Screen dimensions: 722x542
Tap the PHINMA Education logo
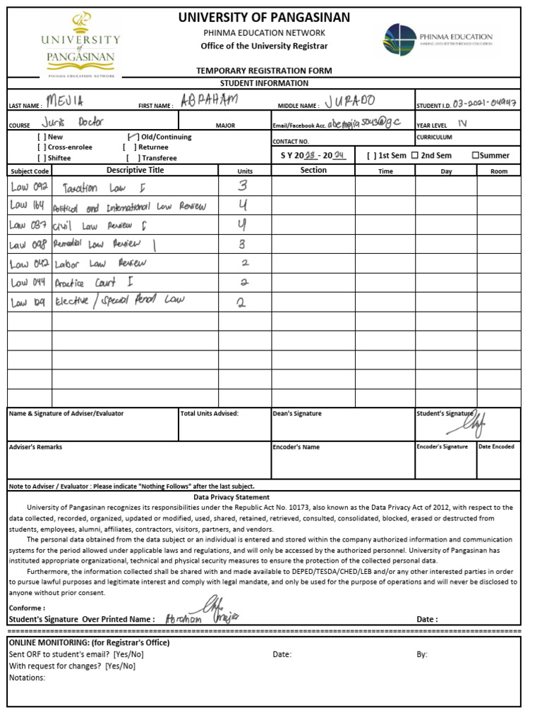[x=439, y=39]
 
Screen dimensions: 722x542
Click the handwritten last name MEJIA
[x=65, y=101]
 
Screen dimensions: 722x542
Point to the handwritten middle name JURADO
[x=351, y=101]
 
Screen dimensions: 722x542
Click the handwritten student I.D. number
[x=485, y=102]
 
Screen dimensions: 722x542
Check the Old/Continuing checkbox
[x=133, y=137]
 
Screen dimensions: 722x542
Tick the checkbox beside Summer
[x=476, y=155]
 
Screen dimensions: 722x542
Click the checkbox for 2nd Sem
[x=414, y=155]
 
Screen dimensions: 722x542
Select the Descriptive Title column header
[x=135, y=171]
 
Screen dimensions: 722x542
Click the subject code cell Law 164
[x=29, y=206]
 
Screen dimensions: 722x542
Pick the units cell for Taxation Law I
[x=243, y=186]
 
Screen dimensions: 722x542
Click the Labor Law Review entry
[x=100, y=263]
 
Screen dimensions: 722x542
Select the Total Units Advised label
[x=210, y=414]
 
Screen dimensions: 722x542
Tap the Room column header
[x=499, y=171]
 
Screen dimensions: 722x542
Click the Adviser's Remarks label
[x=35, y=447]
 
